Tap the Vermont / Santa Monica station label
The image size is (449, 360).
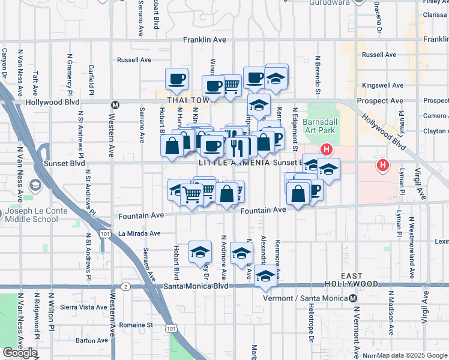tap(306, 298)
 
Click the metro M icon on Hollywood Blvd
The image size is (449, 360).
tap(116, 104)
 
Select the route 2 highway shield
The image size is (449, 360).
tap(125, 287)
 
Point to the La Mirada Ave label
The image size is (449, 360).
tap(139, 233)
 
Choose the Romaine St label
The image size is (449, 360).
tap(136, 325)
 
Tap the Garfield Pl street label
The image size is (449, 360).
tap(91, 79)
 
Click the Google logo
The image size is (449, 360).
tap(20, 353)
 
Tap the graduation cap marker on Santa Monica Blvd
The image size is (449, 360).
tap(265, 276)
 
